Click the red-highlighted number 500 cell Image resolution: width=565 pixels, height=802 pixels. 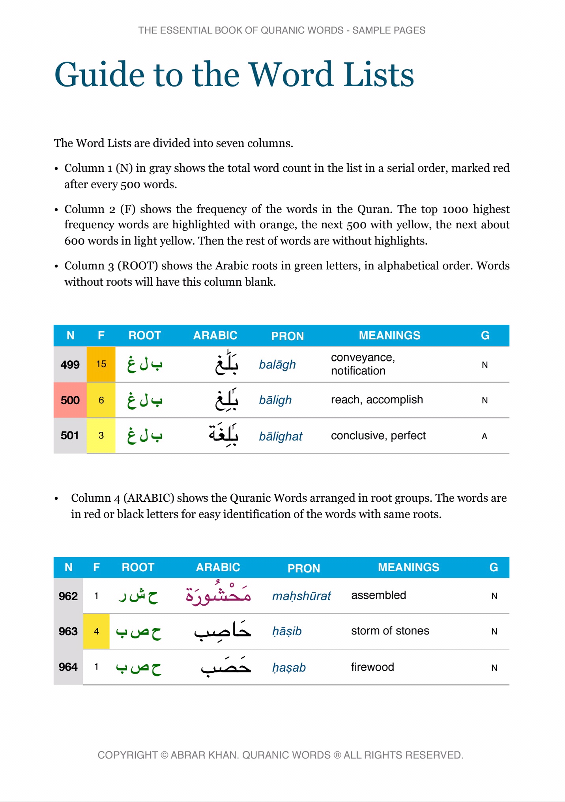coord(70,400)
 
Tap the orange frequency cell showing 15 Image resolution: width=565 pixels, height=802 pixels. coord(101,364)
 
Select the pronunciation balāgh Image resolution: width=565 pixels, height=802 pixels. coord(277,365)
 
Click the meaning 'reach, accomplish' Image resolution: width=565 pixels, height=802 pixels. coord(377,400)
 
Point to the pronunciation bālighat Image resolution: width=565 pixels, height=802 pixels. coord(281,436)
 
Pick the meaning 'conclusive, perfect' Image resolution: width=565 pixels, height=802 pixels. coord(378,436)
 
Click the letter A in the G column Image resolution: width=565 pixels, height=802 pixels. coord(485,436)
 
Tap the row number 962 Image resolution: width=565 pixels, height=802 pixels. coord(68,596)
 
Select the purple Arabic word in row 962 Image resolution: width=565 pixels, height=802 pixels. coord(218,594)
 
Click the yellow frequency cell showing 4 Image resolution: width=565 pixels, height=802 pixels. coord(96,631)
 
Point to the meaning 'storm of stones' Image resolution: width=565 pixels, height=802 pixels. coord(390,631)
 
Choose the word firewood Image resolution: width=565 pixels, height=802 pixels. coord(372,667)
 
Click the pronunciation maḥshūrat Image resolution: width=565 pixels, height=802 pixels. coord(301,596)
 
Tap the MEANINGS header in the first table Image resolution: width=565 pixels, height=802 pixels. coord(389,335)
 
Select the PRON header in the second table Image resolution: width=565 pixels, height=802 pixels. coord(303,568)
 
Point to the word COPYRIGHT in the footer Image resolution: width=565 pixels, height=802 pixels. coord(127,755)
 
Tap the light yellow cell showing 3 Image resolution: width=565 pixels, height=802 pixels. coord(101,435)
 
